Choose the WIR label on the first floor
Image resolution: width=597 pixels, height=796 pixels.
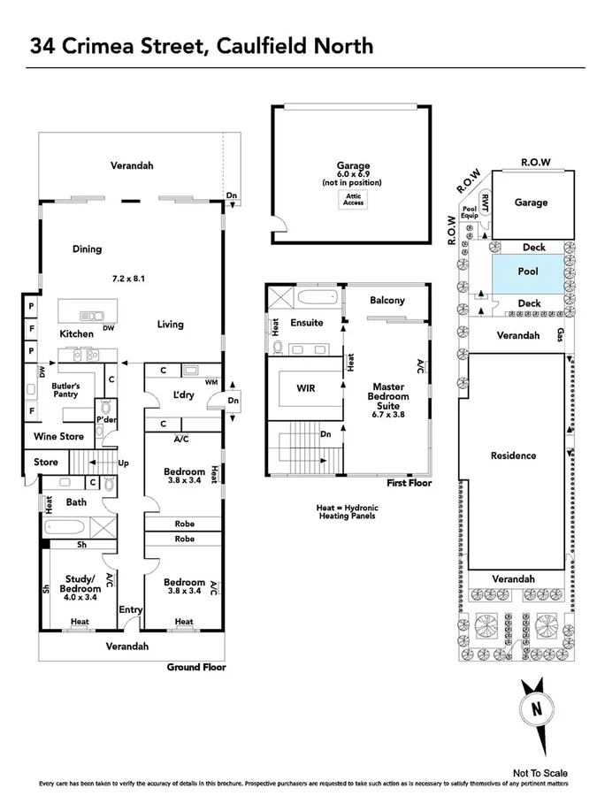click(304, 387)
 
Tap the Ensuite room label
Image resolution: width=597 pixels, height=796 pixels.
click(307, 323)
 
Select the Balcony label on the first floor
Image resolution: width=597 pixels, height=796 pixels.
click(387, 301)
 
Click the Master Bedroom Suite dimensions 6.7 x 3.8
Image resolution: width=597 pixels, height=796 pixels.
click(388, 414)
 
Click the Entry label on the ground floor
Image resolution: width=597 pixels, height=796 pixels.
click(131, 609)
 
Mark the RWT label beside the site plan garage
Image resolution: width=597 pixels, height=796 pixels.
click(484, 200)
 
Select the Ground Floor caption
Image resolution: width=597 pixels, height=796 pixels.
click(196, 667)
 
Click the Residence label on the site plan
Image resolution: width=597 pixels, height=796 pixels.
click(513, 455)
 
